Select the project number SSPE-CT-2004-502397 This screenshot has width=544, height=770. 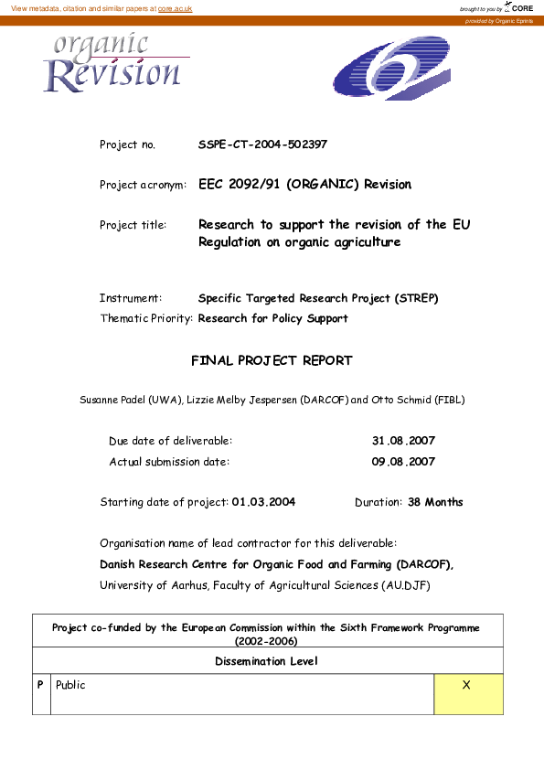pos(262,144)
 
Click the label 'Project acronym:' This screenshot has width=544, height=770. pos(143,185)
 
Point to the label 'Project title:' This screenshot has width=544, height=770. pos(133,225)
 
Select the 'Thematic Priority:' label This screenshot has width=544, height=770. pos(146,319)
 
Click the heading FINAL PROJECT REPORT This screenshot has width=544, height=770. pos(272,361)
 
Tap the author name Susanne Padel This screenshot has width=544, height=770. pos(113,400)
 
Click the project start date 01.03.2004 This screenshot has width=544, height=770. pos(263,502)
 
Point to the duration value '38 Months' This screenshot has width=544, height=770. pos(434,502)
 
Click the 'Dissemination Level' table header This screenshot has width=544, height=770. pos(267,661)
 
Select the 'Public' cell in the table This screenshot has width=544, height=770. pos(70,685)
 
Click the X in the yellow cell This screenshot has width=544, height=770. pos(466,685)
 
